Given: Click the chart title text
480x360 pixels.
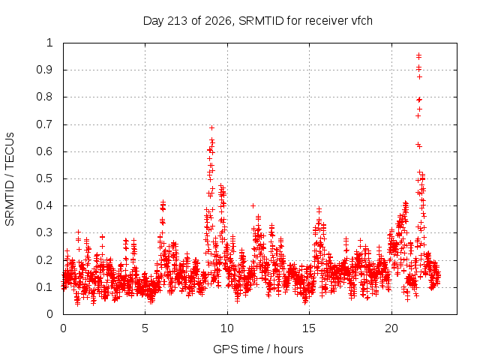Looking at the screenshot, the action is coord(258,21).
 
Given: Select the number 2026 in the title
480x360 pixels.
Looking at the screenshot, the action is coord(218,21).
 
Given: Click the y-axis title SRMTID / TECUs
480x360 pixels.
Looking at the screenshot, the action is coord(10,179).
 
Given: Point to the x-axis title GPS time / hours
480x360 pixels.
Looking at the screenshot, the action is coord(258,349).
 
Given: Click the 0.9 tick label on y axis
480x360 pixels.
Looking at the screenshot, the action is coord(44,70).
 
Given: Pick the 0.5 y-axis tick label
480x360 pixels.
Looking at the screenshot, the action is coord(44,178).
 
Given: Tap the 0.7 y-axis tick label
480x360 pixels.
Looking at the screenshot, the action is coord(44,124).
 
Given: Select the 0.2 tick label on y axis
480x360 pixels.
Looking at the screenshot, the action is coord(44,260).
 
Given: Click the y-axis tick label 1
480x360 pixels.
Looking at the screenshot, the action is coord(49,43).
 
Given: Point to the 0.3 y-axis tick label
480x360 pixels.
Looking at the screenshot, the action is coord(44,232).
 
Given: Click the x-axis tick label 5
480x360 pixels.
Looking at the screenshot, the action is coord(145,328).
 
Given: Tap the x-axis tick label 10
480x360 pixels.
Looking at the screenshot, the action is coord(226,328).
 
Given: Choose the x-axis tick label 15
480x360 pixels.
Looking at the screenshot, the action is coord(309,328).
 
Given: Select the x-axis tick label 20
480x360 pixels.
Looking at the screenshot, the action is coord(391,328).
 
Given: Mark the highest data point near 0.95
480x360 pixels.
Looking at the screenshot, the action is coord(418,56).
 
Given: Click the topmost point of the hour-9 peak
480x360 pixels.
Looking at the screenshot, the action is coord(211,127).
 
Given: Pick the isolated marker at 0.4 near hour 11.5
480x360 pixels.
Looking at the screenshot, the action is coord(253,205).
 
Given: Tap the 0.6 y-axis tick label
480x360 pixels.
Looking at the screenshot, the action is coord(44,151).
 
